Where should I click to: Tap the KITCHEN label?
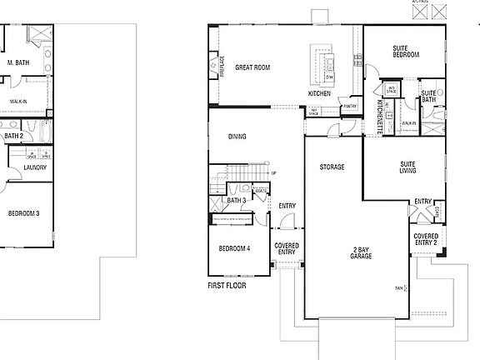click(x=319, y=93)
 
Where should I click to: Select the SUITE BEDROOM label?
click(x=405, y=52)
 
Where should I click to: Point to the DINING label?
click(x=238, y=137)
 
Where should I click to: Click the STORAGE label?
click(x=332, y=167)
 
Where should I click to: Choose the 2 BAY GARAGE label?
click(x=361, y=252)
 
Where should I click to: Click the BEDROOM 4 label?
click(x=234, y=248)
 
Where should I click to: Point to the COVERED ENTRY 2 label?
click(x=426, y=241)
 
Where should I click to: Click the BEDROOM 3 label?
click(x=22, y=212)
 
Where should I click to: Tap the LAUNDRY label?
click(x=35, y=167)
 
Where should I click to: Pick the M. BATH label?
click(x=19, y=62)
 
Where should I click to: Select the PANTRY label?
click(x=349, y=106)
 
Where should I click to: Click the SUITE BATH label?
click(x=429, y=96)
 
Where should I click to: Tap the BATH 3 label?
click(x=236, y=200)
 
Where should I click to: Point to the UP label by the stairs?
click(x=273, y=173)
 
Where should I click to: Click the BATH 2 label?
click(x=12, y=134)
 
